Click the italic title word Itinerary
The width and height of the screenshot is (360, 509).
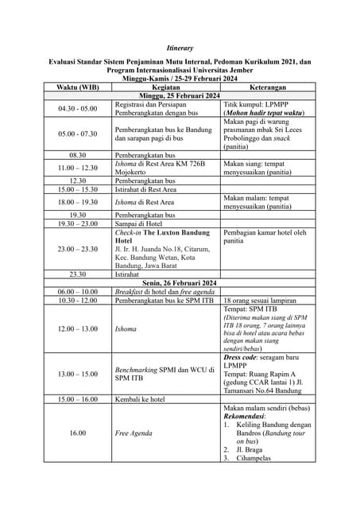point(180,48)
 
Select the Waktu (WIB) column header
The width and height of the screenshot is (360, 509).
point(78,87)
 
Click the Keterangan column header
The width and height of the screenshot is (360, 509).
point(267,87)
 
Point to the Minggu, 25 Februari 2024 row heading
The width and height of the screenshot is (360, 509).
point(180,96)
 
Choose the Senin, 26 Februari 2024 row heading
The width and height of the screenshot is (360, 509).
point(180,283)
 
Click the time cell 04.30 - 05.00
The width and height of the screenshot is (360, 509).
point(78,108)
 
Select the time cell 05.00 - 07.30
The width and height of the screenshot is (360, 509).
point(78,134)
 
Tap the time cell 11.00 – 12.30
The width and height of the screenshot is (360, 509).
point(78,168)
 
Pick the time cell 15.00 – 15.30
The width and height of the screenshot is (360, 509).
point(78,190)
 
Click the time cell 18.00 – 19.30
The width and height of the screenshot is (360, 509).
point(78,203)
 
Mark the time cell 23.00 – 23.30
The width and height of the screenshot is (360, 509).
point(78,249)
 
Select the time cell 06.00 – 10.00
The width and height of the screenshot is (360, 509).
point(78,292)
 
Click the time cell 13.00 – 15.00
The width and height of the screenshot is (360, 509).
point(78,374)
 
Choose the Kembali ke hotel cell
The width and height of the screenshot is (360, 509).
point(140,399)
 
